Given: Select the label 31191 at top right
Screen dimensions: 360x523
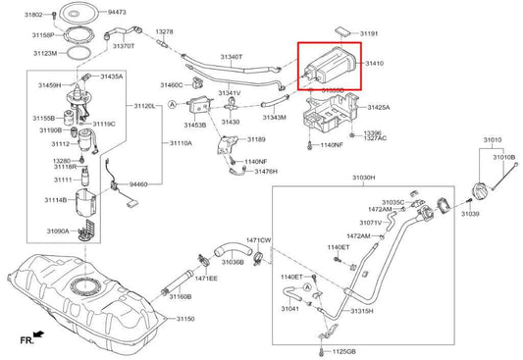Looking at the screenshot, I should [x=369, y=33].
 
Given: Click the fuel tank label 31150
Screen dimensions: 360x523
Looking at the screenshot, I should [x=185, y=319].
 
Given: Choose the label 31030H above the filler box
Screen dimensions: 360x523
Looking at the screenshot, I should [x=363, y=178].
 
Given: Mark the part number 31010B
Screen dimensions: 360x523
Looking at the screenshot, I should [x=503, y=156].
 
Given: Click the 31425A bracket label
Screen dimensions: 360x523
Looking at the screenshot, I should [x=378, y=107].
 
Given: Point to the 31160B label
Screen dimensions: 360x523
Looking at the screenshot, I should [x=180, y=295].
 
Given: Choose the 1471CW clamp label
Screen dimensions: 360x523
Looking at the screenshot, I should [x=258, y=239].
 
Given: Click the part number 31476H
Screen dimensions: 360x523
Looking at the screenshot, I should [x=266, y=171].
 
